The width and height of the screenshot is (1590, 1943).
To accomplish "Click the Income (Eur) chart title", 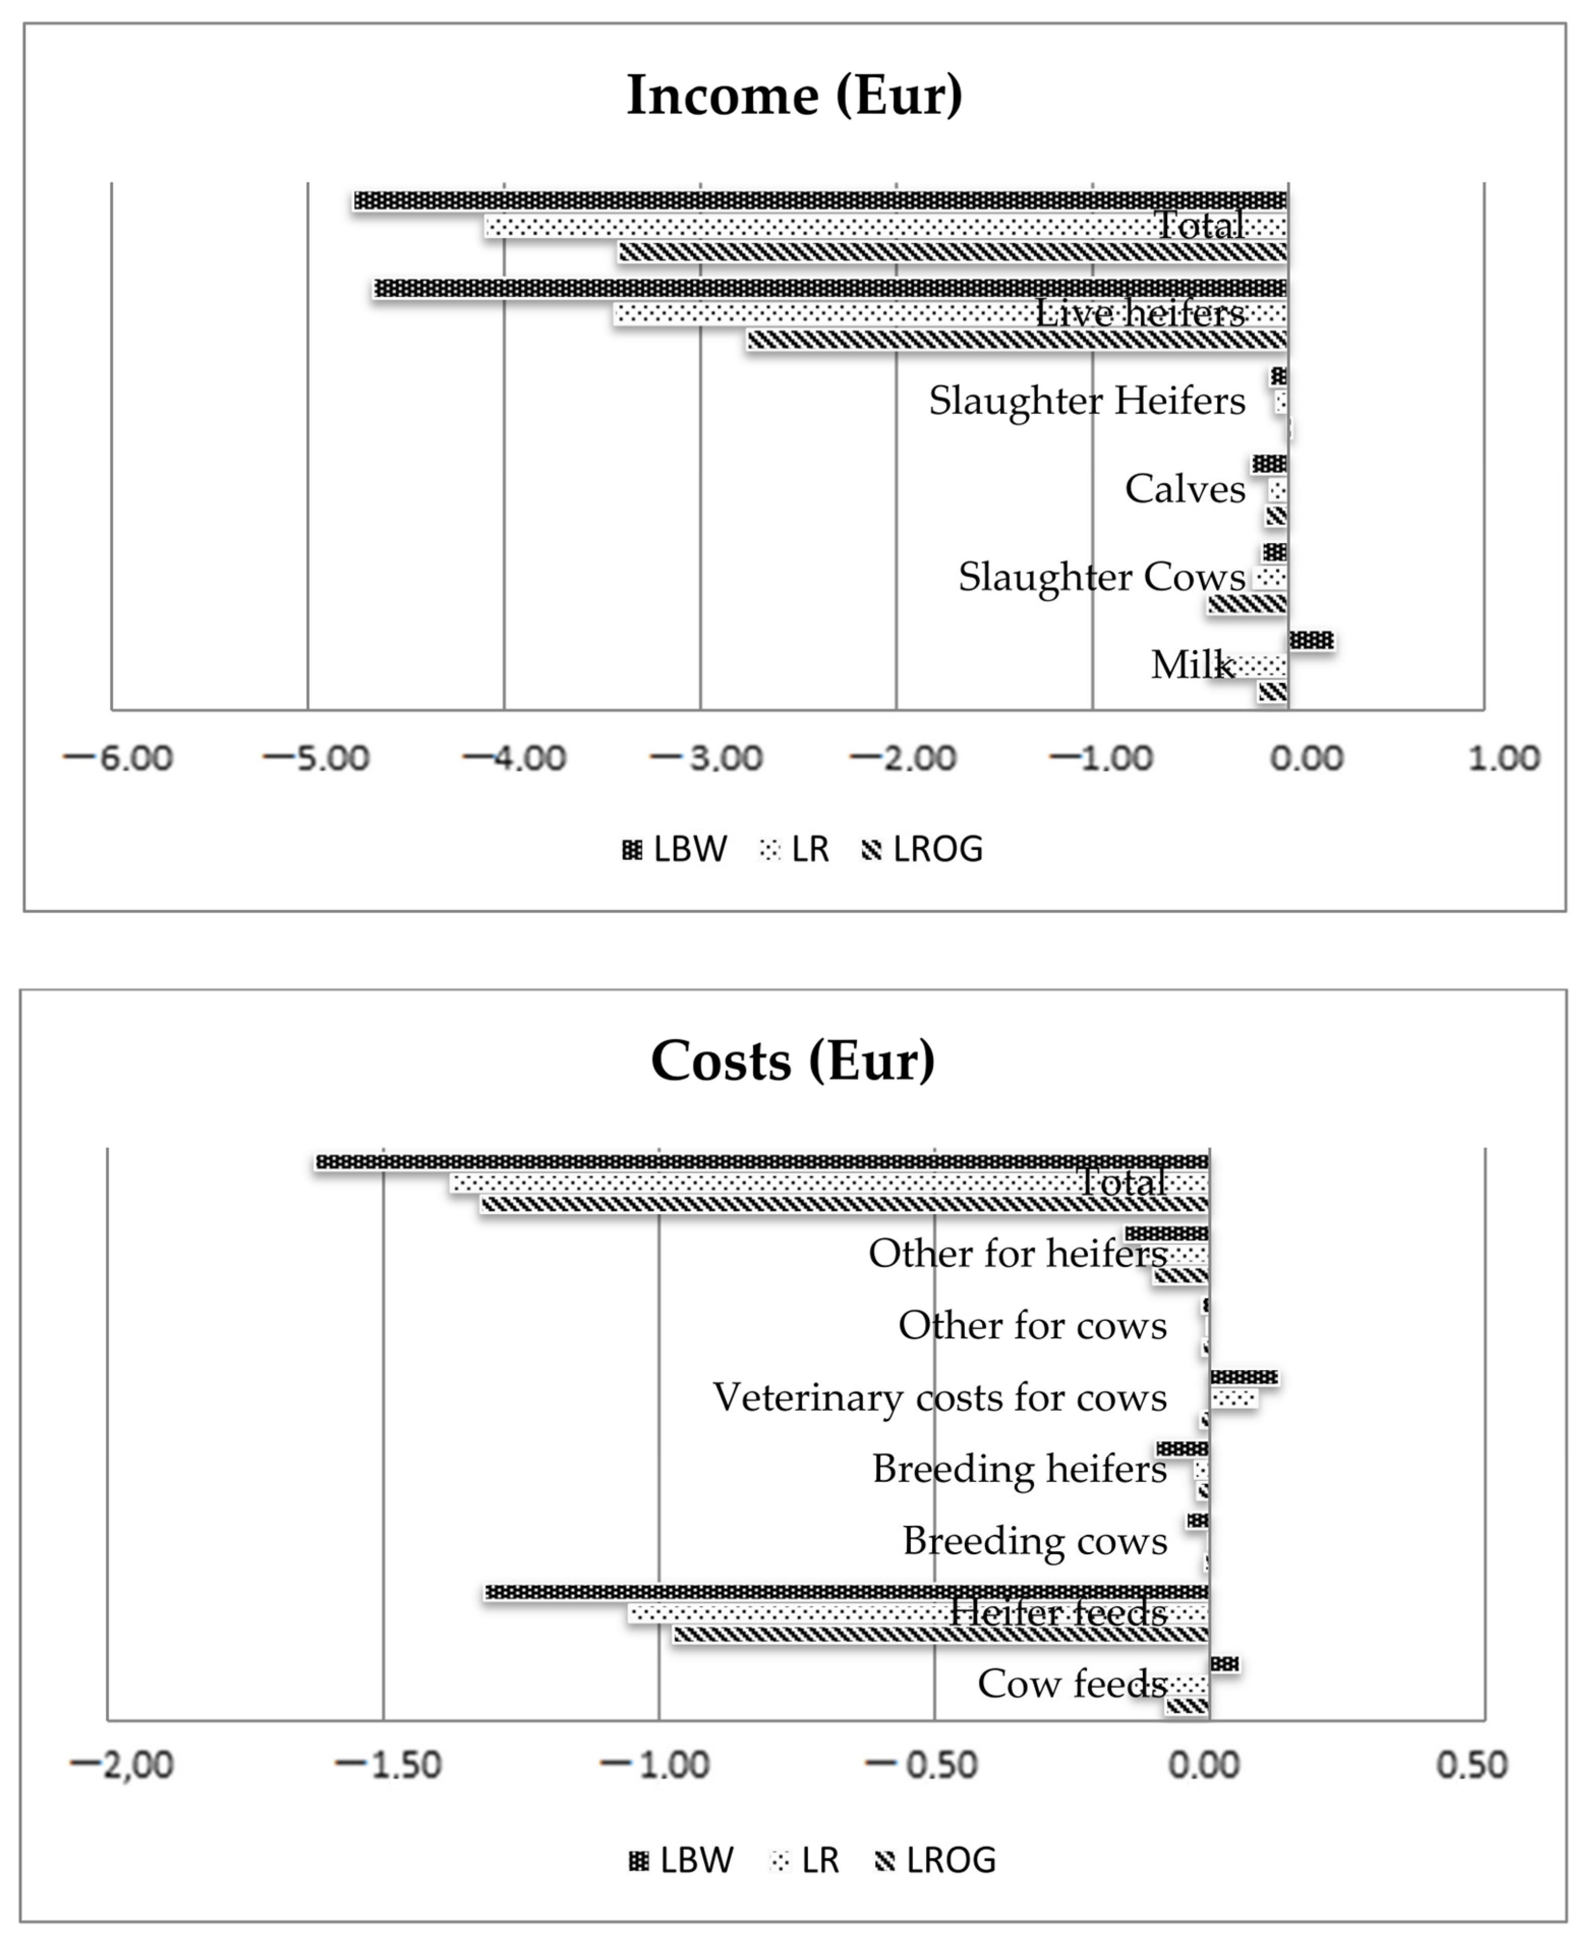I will pos(794,95).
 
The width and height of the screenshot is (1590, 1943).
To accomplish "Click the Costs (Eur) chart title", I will pos(793,1061).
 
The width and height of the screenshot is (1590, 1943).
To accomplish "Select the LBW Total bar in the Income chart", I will pos(820,200).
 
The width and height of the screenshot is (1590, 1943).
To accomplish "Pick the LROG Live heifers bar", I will pos(1017,340).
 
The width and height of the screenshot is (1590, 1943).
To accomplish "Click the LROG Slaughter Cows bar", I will pos(1248,604).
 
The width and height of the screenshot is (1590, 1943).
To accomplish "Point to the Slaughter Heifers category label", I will pos(1087,401).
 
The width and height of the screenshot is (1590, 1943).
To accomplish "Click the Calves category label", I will pos(1185,489).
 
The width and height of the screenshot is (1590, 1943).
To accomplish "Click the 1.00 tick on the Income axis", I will pos(1504,759).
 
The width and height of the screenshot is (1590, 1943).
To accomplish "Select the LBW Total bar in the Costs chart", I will pos(762,1162).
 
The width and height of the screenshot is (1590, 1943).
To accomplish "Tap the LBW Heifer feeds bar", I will pos(847,1592).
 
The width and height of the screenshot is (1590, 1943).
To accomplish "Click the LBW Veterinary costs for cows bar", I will pos(1244,1377).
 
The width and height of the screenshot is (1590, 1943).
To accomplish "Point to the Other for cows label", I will pos(1032,1325).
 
